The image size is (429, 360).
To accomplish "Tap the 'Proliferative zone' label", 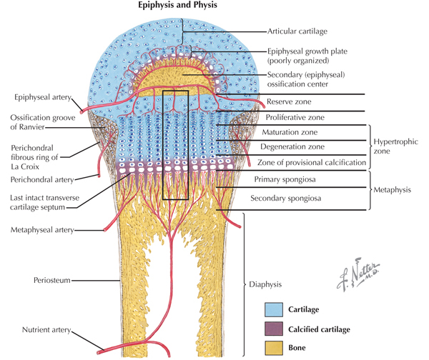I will point(296,117).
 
